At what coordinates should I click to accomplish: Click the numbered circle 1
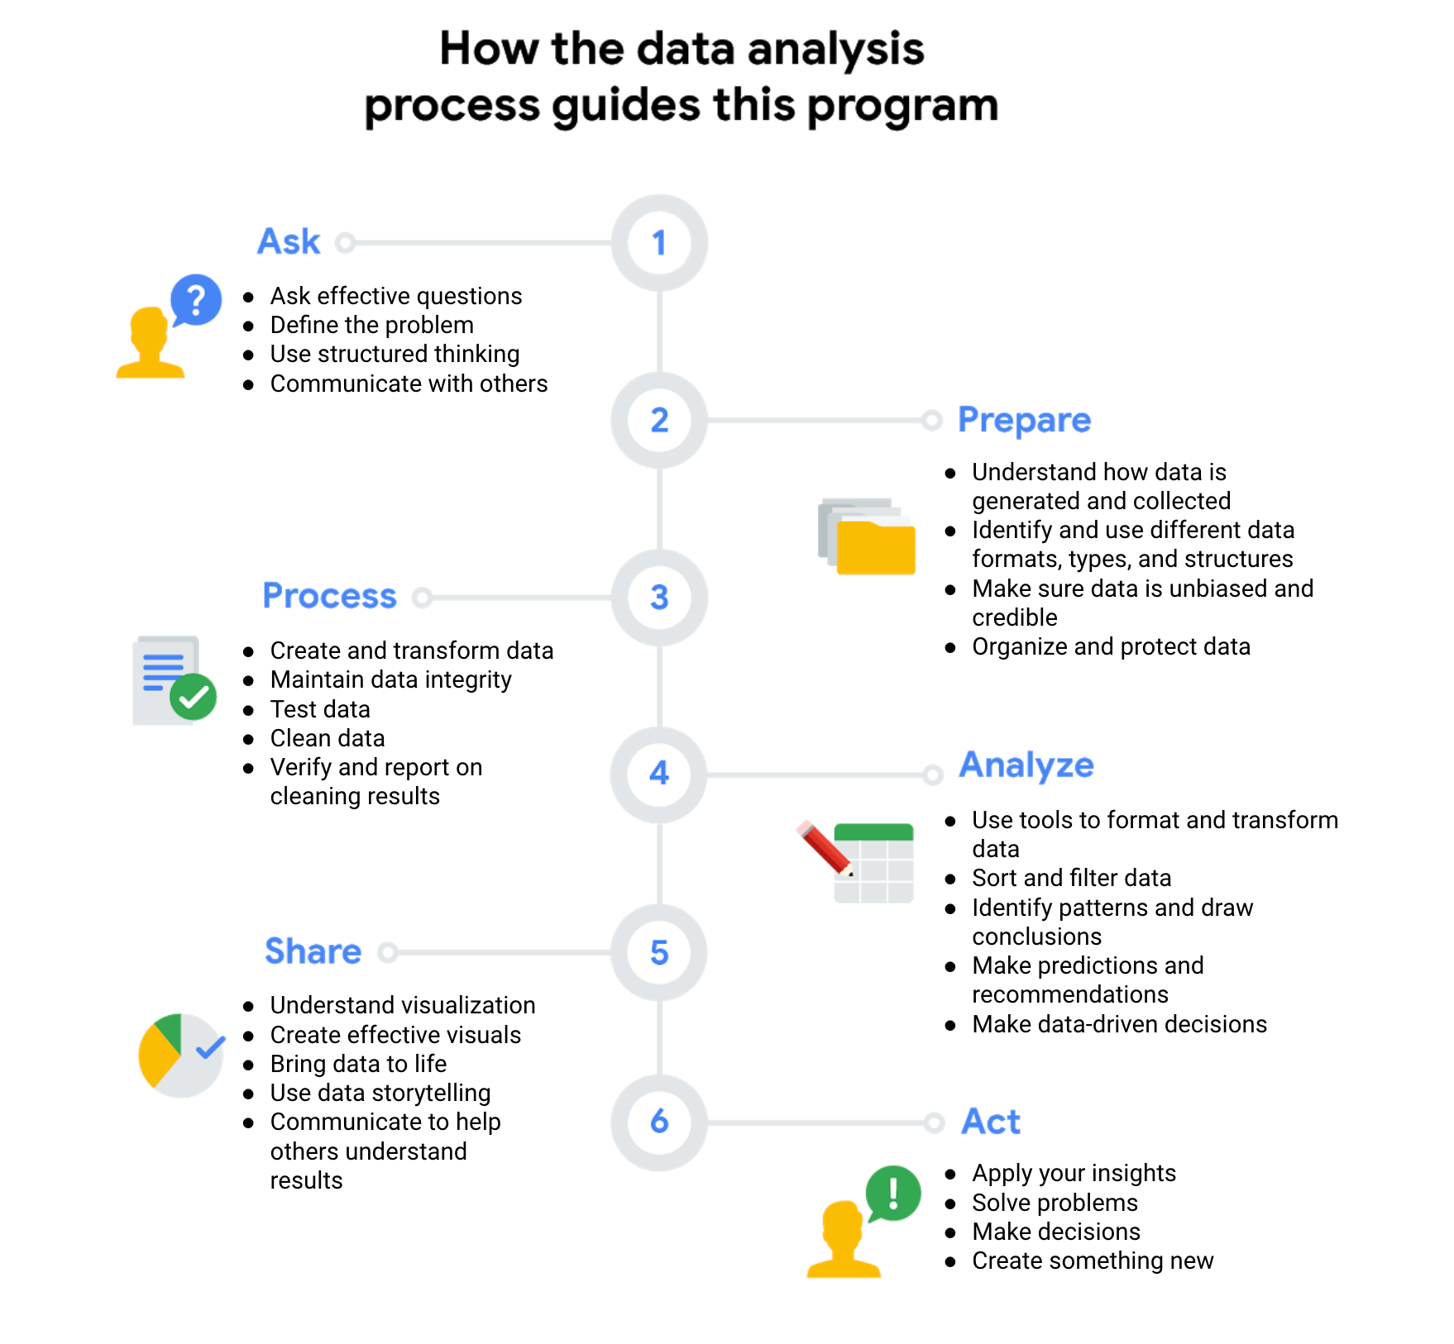[x=658, y=243]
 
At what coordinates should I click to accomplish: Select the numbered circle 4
[x=658, y=774]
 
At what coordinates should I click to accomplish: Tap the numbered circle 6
[x=658, y=1122]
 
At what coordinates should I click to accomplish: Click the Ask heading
[x=289, y=241]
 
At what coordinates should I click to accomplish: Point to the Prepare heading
[x=1024, y=420]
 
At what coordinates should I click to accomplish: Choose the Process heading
[x=329, y=596]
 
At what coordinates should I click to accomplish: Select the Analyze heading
[x=1026, y=765]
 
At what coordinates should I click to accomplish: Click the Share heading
[x=313, y=951]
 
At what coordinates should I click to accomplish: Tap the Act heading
[x=990, y=1122]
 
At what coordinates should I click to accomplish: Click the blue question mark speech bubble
[x=196, y=299]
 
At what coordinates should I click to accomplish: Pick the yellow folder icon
[x=875, y=546]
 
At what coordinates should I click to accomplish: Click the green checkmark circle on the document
[x=193, y=698]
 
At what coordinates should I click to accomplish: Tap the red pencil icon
[x=824, y=848]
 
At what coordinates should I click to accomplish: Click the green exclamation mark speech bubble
[x=893, y=1193]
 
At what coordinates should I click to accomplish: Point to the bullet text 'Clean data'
[x=328, y=738]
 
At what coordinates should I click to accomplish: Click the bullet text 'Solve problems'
[x=1055, y=1203]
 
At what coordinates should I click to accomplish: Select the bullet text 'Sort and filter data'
[x=1071, y=878]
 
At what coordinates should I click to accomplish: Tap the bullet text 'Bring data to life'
[x=358, y=1064]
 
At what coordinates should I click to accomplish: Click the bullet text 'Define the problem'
[x=371, y=325]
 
